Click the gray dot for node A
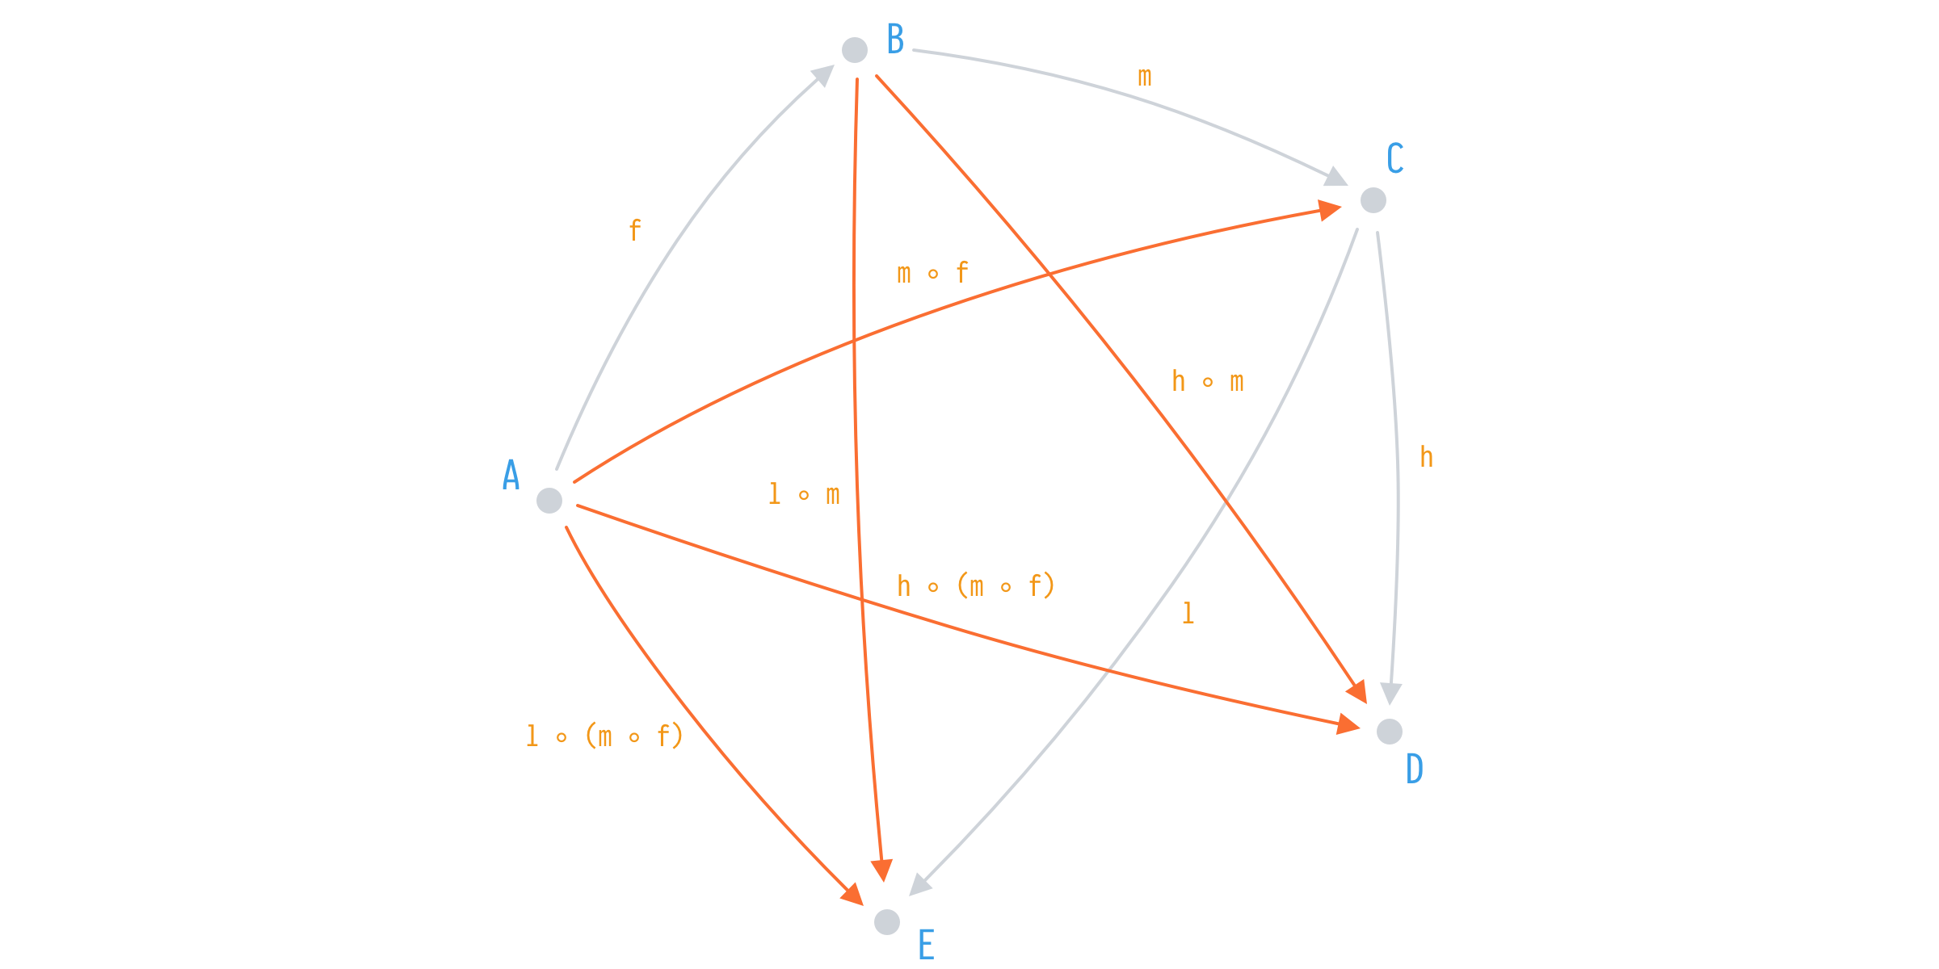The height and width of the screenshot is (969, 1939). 549,501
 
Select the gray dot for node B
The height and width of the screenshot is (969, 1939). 855,50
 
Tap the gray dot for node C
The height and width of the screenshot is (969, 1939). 1373,200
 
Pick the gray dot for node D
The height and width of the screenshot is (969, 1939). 1390,732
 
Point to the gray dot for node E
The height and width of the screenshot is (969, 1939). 887,922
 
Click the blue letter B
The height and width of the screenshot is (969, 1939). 895,39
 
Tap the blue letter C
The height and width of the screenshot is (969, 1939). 1395,158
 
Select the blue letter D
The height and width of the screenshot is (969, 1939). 1415,769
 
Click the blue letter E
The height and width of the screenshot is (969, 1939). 926,945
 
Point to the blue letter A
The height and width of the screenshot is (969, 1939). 511,475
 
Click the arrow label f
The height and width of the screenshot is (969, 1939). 635,231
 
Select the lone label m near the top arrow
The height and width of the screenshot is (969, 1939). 1145,78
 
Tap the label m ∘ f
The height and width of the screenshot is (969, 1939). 932,273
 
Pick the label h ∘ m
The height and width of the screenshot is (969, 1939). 1208,381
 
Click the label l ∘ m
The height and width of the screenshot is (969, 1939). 804,494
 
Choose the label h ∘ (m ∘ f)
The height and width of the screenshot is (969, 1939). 976,585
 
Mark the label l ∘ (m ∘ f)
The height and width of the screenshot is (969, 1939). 604,736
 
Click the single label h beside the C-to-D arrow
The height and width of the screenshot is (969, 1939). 1427,457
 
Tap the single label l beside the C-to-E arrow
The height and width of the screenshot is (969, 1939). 1188,614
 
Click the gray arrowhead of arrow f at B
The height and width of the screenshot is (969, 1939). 824,76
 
